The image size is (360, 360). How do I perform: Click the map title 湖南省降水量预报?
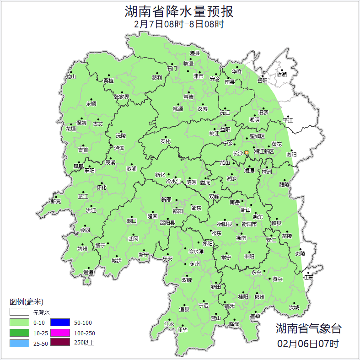[180, 11]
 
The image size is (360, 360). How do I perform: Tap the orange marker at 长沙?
[247, 152]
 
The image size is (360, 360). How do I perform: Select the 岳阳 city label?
[262, 81]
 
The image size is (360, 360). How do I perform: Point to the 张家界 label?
[122, 97]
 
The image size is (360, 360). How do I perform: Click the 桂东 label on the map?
[308, 277]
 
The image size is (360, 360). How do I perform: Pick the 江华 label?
[183, 329]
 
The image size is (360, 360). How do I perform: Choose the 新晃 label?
[56, 201]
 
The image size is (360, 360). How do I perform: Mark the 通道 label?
[88, 273]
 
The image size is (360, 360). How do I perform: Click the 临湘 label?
[282, 74]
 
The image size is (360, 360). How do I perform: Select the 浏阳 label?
[291, 155]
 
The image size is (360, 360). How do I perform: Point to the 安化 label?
[165, 141]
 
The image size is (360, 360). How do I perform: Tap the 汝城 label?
[294, 307]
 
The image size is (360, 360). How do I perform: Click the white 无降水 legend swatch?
[19, 312]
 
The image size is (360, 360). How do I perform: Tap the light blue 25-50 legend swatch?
[19, 343]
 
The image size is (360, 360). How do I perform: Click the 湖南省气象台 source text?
[308, 328]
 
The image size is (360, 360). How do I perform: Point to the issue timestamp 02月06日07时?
[308, 343]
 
